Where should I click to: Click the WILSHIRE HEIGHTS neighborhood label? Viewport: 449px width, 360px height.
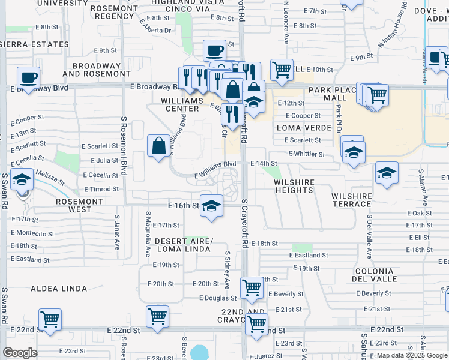pos(294,185)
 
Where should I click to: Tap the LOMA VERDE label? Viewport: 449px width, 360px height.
pos(304,128)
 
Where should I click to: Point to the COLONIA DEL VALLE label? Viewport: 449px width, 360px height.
pos(374,274)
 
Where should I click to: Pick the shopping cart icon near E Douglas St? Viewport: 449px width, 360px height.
pos(252,287)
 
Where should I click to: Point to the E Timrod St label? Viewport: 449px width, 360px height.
pos(105,189)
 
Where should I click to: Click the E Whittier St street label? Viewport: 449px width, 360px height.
pos(306,154)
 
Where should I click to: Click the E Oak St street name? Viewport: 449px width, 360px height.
pos(419,214)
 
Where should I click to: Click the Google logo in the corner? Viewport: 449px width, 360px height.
pos(20,353)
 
